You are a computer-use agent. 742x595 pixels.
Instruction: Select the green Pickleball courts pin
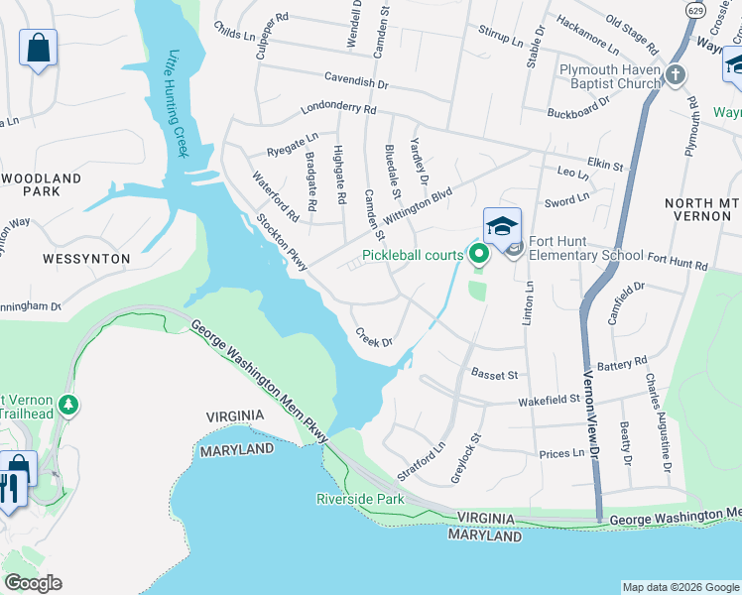coord(480,255)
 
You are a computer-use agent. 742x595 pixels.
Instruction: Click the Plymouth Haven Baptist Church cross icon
coord(676,75)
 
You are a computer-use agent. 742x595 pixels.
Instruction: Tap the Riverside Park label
coord(360,499)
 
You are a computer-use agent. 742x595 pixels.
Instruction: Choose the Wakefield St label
coord(549,401)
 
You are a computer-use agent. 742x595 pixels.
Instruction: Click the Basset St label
coord(495,375)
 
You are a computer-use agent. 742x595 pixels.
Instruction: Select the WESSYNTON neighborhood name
coord(86,258)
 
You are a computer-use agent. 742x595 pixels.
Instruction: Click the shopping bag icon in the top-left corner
coord(38,47)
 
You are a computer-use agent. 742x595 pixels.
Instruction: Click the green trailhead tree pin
coord(68,405)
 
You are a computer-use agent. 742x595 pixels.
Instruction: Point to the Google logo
coord(33,583)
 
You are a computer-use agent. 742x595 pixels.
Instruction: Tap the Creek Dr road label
coord(374,338)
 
